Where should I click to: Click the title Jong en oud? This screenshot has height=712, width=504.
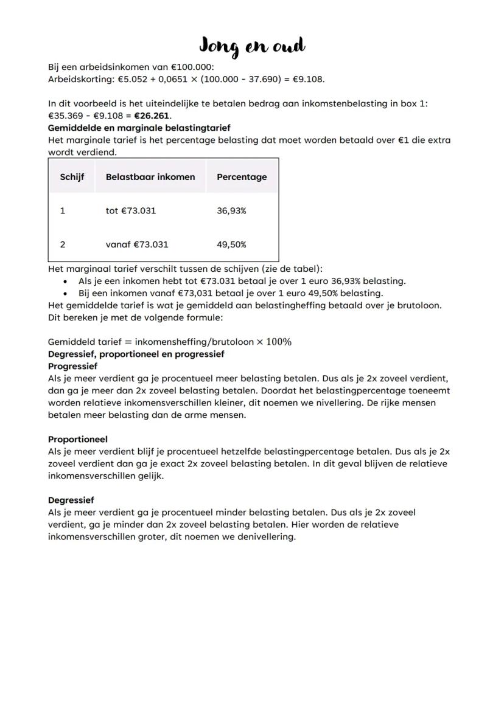[252, 46]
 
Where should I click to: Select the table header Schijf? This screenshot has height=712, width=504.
[72, 177]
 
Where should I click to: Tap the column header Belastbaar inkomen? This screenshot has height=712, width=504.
[150, 177]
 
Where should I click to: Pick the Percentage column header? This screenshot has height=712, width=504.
[242, 177]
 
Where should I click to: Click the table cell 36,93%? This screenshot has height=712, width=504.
[231, 211]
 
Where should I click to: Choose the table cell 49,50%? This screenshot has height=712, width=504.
[231, 244]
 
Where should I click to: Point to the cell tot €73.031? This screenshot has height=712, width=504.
[130, 211]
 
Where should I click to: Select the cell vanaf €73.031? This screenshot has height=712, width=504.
[137, 244]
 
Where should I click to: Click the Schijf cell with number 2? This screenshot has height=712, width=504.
[63, 244]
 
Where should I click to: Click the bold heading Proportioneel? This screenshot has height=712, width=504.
[77, 439]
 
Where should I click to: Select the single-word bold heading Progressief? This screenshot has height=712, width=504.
[73, 367]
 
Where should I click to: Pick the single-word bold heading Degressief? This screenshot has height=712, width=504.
[71, 500]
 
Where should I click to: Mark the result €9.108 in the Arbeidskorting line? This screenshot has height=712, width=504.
[309, 79]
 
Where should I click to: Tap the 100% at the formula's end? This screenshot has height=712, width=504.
[278, 342]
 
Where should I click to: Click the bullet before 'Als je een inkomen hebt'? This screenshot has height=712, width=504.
[66, 281]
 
